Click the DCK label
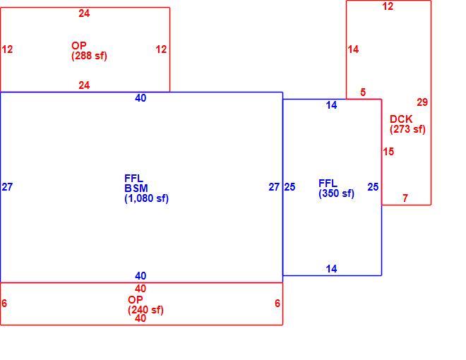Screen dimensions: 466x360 (x=401, y=119)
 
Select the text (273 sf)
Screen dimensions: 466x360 (x=407, y=129)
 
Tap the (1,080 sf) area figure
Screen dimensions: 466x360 (x=147, y=198)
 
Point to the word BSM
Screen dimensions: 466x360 (x=136, y=188)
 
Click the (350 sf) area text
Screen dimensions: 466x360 (x=336, y=193)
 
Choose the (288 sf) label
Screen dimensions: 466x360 (x=89, y=56)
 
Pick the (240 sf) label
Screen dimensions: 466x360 (x=145, y=310)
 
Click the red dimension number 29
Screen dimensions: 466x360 (x=422, y=102)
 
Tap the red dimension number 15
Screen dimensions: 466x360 (x=388, y=152)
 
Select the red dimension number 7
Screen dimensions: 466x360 (x=405, y=198)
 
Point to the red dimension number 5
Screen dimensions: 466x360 (x=363, y=92)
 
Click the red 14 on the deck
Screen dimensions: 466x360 (x=353, y=49)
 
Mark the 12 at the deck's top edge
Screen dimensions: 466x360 (x=388, y=6)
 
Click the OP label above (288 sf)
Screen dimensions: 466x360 (x=79, y=46)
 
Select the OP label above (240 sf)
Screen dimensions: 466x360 (x=136, y=300)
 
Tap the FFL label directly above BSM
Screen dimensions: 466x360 (x=133, y=178)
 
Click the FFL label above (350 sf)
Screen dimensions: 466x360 (x=328, y=184)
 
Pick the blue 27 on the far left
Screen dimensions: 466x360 (x=7, y=187)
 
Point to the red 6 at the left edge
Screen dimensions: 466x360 (x=4, y=304)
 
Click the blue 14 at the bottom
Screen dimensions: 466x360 (x=331, y=269)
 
